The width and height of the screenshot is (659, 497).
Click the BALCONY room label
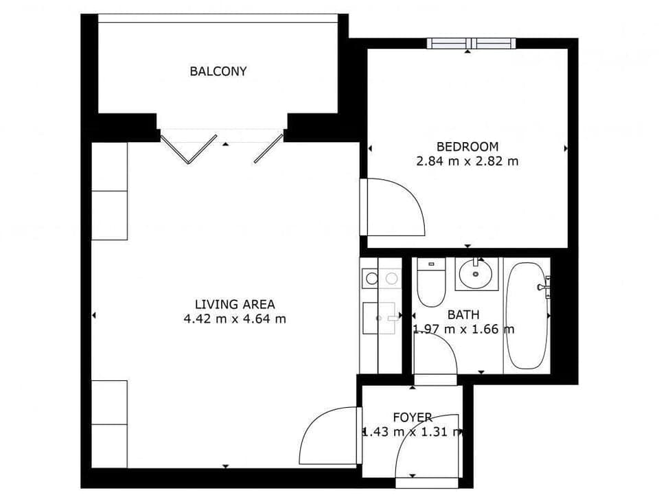218,71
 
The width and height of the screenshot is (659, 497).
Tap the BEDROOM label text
467,146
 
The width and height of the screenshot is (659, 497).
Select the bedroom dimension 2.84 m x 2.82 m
467,162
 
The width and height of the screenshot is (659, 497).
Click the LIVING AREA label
235,303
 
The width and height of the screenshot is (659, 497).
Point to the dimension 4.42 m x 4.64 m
235,319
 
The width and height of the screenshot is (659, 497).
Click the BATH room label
463,314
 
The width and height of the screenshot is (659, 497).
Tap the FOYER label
413,417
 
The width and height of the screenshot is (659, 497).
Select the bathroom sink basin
474,276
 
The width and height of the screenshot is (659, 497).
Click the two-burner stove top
381,278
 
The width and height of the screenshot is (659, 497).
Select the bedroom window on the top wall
471,43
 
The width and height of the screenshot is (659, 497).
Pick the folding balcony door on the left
186,149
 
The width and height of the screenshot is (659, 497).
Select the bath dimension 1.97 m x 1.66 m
463,329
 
